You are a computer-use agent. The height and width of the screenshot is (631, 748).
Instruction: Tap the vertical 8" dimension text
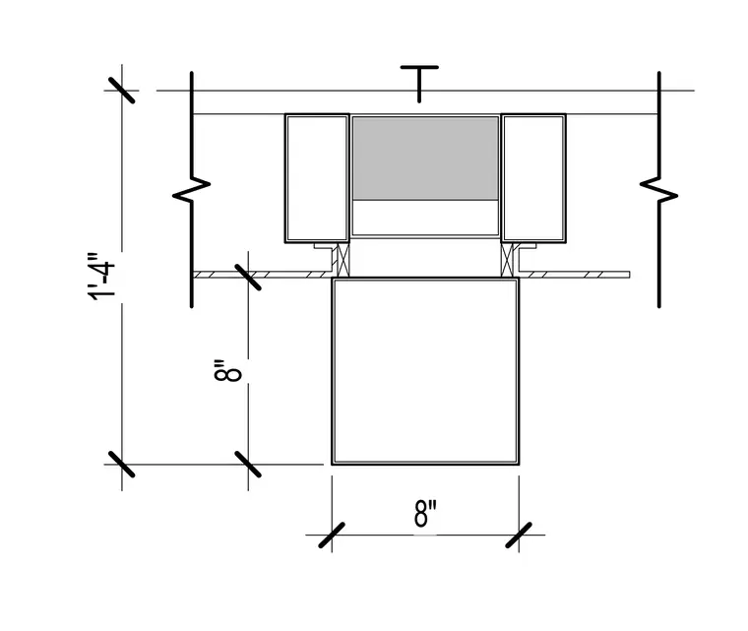[x=227, y=370]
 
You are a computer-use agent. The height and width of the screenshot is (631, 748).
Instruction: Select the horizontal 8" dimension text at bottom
[x=425, y=513]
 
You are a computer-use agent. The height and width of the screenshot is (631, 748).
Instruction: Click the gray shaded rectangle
[x=425, y=158]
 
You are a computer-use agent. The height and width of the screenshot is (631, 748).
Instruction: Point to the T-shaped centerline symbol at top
[x=419, y=84]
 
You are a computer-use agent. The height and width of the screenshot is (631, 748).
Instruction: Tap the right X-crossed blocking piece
[x=507, y=260]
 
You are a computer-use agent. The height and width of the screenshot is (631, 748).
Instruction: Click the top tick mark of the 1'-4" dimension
[x=121, y=91]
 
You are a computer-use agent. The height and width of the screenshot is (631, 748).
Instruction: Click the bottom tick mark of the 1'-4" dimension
[x=121, y=464]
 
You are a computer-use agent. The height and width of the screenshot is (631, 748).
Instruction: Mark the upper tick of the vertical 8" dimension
[x=248, y=277]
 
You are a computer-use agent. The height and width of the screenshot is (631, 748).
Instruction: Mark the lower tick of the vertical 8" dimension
[x=248, y=464]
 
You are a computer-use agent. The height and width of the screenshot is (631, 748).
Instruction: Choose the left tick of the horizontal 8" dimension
[x=332, y=536]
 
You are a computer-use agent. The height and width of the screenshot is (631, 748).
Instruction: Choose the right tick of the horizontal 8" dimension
[x=519, y=536]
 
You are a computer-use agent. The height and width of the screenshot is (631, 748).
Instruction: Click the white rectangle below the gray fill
[x=425, y=218]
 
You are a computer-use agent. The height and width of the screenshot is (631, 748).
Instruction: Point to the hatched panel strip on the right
[x=577, y=275]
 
